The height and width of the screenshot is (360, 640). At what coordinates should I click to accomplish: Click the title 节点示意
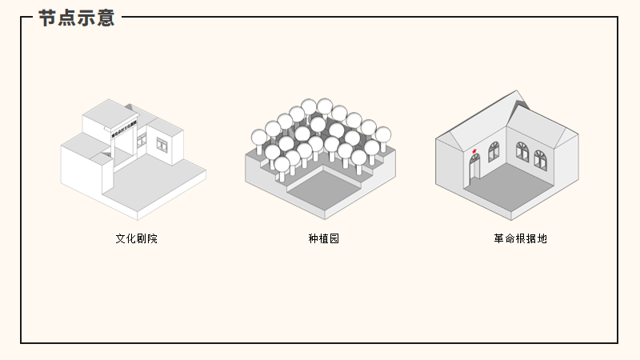click(x=77, y=18)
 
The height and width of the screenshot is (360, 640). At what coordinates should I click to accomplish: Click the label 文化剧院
click(x=136, y=238)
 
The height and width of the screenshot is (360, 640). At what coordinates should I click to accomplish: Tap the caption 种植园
click(x=323, y=238)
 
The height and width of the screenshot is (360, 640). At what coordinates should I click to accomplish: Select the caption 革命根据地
click(x=520, y=238)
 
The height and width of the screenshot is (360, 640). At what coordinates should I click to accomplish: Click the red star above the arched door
click(x=475, y=149)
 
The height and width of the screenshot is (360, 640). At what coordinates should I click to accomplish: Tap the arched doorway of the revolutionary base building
click(x=474, y=167)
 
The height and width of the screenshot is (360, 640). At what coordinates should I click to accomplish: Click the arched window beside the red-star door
click(x=494, y=152)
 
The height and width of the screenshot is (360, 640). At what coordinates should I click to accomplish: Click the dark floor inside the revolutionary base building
click(x=512, y=188)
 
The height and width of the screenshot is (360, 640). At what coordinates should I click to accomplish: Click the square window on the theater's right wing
click(x=162, y=145)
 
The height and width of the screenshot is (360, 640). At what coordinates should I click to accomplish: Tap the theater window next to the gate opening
click(x=142, y=141)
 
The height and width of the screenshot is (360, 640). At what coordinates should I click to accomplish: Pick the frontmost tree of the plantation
click(x=282, y=165)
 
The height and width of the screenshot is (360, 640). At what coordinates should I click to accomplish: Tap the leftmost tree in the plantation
click(x=259, y=137)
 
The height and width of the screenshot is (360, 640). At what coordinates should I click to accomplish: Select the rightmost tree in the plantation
click(x=383, y=134)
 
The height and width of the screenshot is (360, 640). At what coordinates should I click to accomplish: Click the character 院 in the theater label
click(x=152, y=238)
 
